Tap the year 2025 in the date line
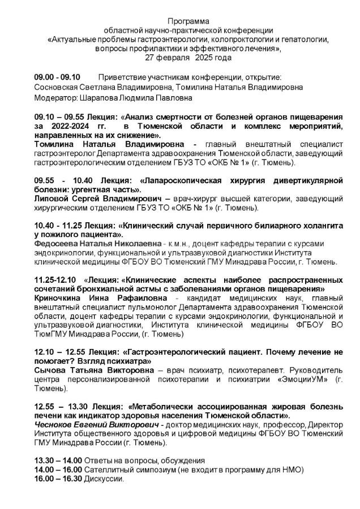[205, 58]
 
